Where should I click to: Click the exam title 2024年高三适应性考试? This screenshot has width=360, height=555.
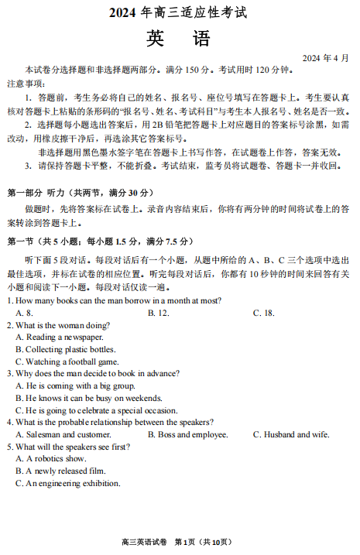tap(180, 12)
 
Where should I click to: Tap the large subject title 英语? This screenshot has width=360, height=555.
tap(179, 39)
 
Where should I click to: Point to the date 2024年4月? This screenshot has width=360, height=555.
tap(325, 58)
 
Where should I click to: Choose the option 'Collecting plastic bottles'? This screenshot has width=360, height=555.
tap(66, 349)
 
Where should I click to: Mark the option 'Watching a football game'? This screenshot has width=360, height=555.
tap(67, 361)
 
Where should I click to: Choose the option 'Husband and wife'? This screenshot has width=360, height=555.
tap(290, 434)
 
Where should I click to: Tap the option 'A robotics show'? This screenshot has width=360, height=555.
tap(53, 458)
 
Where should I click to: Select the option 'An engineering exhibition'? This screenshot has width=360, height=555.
tap(68, 483)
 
